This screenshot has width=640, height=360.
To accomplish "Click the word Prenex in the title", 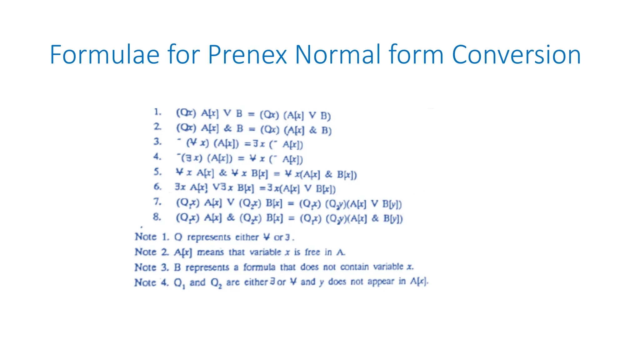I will (x=247, y=55).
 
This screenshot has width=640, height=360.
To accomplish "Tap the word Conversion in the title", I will (x=516, y=55).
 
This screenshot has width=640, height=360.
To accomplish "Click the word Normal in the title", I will (x=338, y=55).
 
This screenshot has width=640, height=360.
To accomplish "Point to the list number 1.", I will (x=157, y=112).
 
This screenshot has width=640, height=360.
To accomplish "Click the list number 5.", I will (x=157, y=172).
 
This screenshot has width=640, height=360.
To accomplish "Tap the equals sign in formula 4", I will (x=241, y=159).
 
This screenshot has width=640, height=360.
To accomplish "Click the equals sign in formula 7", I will (x=291, y=204).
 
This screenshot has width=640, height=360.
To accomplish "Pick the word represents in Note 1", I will (x=209, y=237).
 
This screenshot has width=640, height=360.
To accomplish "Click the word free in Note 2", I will (x=312, y=252).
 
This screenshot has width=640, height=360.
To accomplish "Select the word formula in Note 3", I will (x=259, y=267).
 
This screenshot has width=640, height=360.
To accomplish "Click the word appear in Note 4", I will (x=381, y=282).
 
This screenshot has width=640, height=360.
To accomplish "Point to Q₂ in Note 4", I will (x=216, y=283).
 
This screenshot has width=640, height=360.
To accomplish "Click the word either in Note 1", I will (x=247, y=237).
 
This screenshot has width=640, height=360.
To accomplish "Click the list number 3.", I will (x=157, y=142).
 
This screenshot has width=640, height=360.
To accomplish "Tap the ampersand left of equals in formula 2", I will (x=228, y=128).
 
